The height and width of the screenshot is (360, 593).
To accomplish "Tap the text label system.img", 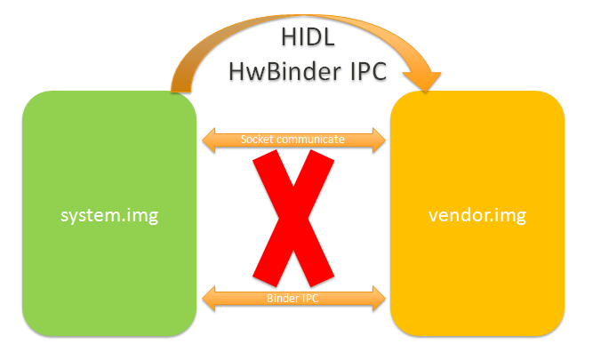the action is (x=108, y=214).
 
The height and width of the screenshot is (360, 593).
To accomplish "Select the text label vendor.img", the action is (x=478, y=214).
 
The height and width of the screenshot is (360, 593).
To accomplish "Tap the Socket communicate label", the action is (x=293, y=140).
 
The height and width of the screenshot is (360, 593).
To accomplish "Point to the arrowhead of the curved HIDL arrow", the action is (x=432, y=80).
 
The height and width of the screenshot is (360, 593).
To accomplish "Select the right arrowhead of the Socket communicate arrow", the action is (x=379, y=140).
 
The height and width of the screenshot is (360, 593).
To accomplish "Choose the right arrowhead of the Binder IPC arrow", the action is (x=379, y=299).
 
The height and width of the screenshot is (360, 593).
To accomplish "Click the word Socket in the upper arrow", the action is (x=258, y=140).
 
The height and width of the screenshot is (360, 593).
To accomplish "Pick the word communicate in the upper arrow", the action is (x=310, y=140).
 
